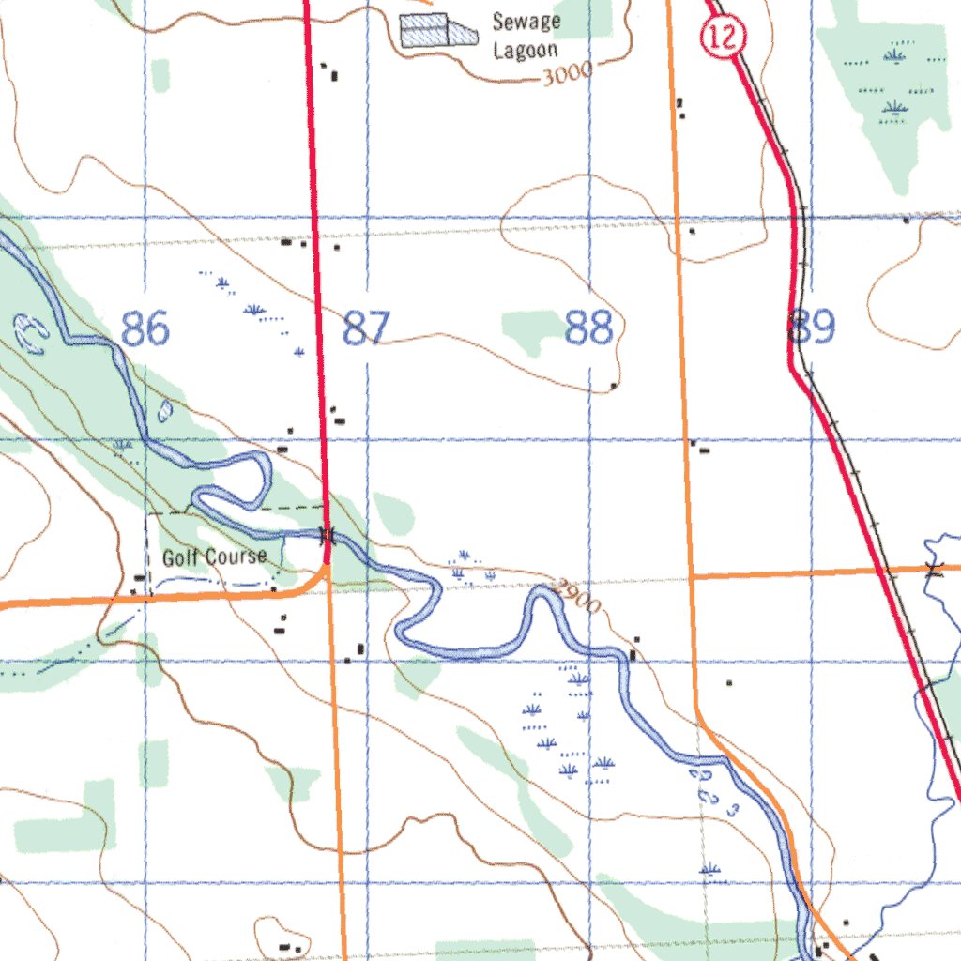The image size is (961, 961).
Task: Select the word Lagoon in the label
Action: coord(526,51)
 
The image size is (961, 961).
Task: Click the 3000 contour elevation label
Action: coord(568,74)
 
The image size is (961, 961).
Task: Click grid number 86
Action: coord(145,329)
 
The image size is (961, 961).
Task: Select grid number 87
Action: coord(365,329)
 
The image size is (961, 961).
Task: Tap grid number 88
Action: coord(589,329)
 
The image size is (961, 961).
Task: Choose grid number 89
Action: coord(812,328)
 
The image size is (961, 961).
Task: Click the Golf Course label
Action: coord(215,557)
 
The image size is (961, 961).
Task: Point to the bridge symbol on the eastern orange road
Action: coord(933,569)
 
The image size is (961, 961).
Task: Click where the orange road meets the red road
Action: coord(326,567)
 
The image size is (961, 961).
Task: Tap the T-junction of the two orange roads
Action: coord(692,576)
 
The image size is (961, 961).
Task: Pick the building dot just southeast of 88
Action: coord(614,386)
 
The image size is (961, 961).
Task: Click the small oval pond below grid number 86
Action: coord(165,410)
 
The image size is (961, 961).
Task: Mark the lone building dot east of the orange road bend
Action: coord(728,683)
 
